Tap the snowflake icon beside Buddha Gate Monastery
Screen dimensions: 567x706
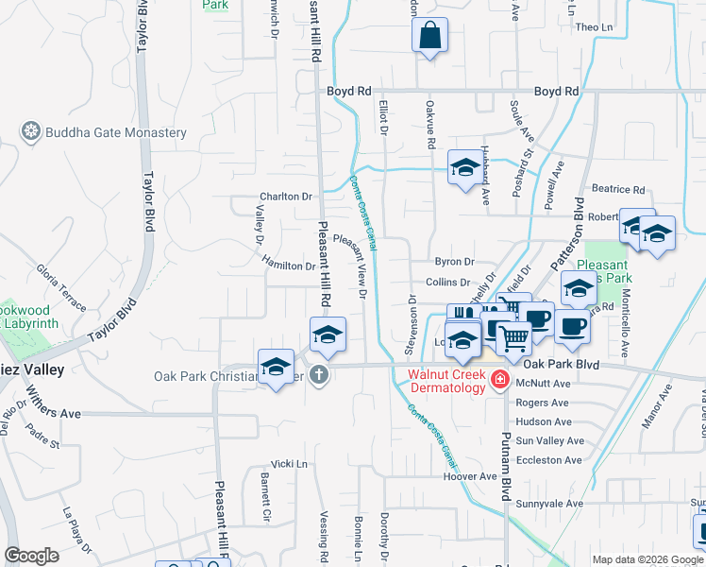point(31,131)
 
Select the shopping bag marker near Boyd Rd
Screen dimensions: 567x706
point(429,36)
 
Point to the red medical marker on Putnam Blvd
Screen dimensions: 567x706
point(499,381)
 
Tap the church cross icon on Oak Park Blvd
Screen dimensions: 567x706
point(320,375)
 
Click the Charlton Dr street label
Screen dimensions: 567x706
point(286,198)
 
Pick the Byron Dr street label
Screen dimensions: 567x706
point(453,262)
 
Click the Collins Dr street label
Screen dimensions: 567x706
point(447,283)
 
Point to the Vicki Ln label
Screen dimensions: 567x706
point(289,464)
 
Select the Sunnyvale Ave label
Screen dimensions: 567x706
point(548,504)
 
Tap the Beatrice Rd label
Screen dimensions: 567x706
point(618,190)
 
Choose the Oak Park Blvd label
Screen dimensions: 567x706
point(562,364)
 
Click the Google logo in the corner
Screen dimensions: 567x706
point(31,556)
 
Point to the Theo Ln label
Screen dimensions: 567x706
point(594,27)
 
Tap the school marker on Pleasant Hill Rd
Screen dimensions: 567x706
point(328,334)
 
